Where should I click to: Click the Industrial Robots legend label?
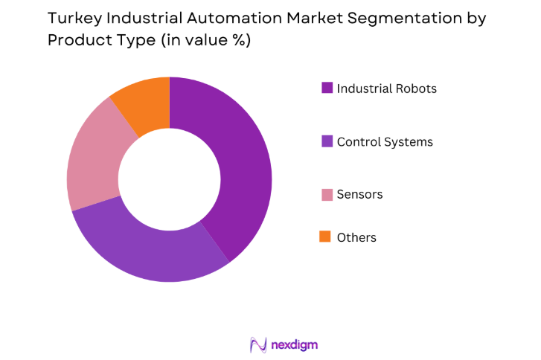pyautogui.click(x=386, y=89)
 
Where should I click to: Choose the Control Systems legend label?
pyautogui.click(x=385, y=141)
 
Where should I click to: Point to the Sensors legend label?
pyautogui.click(x=359, y=194)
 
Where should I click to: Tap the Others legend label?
pyautogui.click(x=356, y=238)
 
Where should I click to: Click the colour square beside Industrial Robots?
pyautogui.click(x=326, y=88)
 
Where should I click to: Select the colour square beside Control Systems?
pyautogui.click(x=326, y=141)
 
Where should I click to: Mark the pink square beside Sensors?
pyautogui.click(x=326, y=194)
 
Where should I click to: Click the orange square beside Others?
pyautogui.click(x=326, y=237)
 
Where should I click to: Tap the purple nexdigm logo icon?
pyautogui.click(x=258, y=344)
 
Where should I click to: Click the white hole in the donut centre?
pyautogui.click(x=170, y=179)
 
